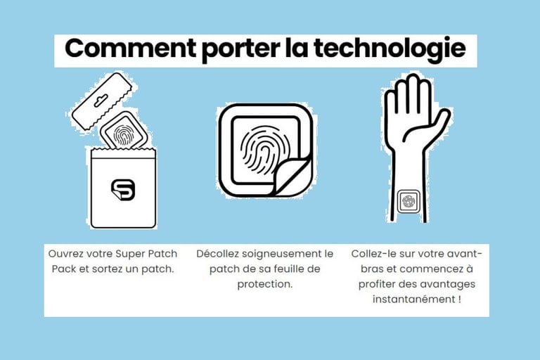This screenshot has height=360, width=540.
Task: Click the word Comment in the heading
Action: pos(131,48)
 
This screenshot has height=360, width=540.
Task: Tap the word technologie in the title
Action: pos(390,49)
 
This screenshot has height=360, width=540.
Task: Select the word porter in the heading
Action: pos(240,50)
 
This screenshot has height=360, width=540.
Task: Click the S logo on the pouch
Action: pos(123,190)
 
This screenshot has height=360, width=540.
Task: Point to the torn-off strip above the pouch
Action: pos(101,101)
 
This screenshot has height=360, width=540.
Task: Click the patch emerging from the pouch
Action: pos(124,131)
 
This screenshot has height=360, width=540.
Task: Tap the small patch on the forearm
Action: pos(409,201)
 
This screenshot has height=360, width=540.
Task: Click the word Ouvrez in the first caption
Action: pos(65,254)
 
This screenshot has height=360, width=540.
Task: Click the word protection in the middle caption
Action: pos(264,284)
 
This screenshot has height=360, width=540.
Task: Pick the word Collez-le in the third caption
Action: pos(372,254)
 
